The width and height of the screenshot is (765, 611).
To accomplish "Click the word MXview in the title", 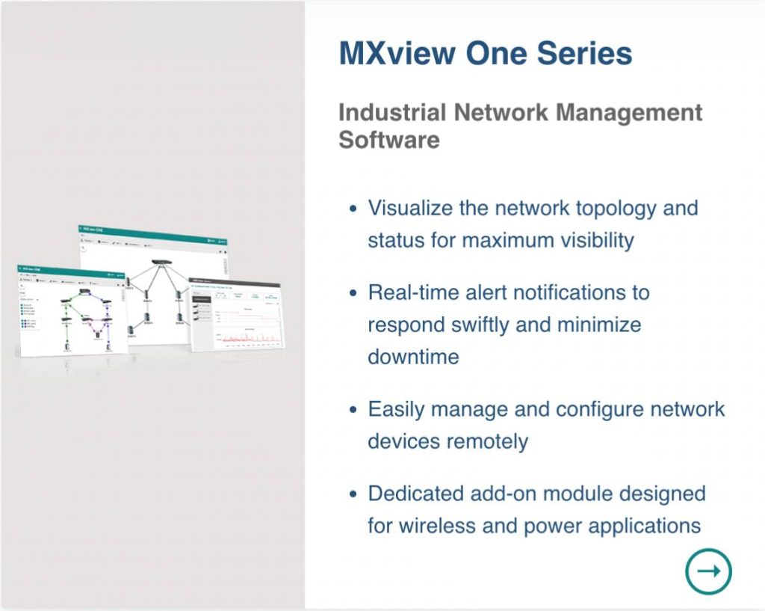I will tap(396, 54).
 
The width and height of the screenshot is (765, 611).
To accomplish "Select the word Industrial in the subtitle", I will tap(392, 112).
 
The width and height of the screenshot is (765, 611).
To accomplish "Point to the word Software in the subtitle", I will tap(388, 140).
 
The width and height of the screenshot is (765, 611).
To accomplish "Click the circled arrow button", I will tap(708, 571).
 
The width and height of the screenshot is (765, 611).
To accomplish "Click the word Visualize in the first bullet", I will tap(409, 208).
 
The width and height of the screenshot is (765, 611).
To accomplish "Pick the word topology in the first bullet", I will tap(617, 208).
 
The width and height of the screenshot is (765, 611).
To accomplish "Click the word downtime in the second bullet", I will tap(413, 356).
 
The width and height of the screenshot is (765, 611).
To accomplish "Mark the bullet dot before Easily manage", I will tap(353, 411).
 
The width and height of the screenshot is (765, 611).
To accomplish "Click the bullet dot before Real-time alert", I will tap(353, 292).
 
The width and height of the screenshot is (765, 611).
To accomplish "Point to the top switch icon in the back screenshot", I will tap(160, 263).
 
